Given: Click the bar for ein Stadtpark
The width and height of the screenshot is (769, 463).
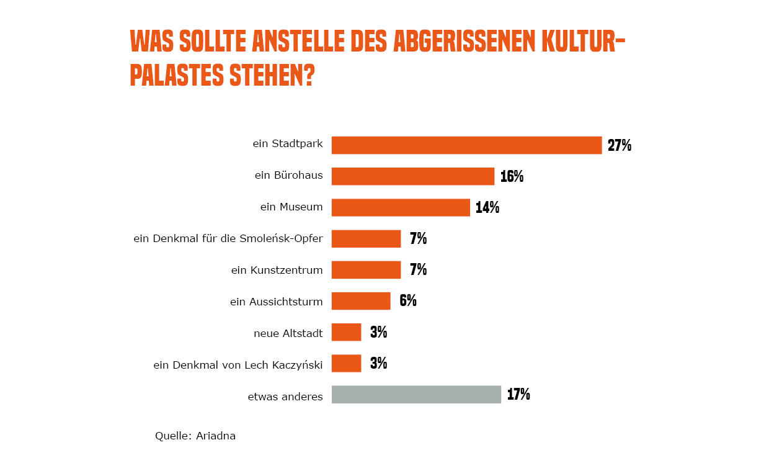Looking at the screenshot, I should click(466, 145).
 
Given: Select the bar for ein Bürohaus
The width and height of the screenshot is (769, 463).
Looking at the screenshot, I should click(412, 176).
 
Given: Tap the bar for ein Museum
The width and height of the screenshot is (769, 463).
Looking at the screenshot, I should click(401, 207).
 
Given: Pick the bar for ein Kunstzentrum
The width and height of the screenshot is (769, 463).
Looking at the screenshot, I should click(366, 270).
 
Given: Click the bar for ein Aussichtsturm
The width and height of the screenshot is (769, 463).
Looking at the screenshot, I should click(361, 301).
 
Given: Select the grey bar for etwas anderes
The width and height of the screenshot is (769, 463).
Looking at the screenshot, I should click(416, 395).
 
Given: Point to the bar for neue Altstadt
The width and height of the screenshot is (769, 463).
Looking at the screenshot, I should click(346, 332).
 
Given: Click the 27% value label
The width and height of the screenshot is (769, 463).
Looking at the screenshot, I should click(619, 146).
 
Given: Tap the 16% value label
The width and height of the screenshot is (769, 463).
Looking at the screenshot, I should click(512, 177).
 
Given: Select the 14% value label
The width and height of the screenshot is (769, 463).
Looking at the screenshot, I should click(487, 208).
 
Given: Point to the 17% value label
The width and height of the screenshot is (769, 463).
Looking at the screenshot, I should click(518, 395).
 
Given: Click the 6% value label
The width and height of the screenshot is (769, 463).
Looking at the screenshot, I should click(408, 301).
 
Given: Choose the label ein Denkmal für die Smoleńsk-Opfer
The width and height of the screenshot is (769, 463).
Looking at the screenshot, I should click(228, 239).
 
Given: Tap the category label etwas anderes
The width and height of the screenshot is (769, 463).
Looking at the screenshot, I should click(285, 397).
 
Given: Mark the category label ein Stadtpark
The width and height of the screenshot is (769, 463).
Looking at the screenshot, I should click(288, 144).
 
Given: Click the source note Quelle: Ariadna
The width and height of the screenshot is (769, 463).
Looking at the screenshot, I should click(195, 436).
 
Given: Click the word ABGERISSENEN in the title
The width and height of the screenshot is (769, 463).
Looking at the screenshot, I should click(465, 42).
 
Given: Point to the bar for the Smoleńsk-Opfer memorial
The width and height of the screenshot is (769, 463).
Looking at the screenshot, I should click(366, 239).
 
